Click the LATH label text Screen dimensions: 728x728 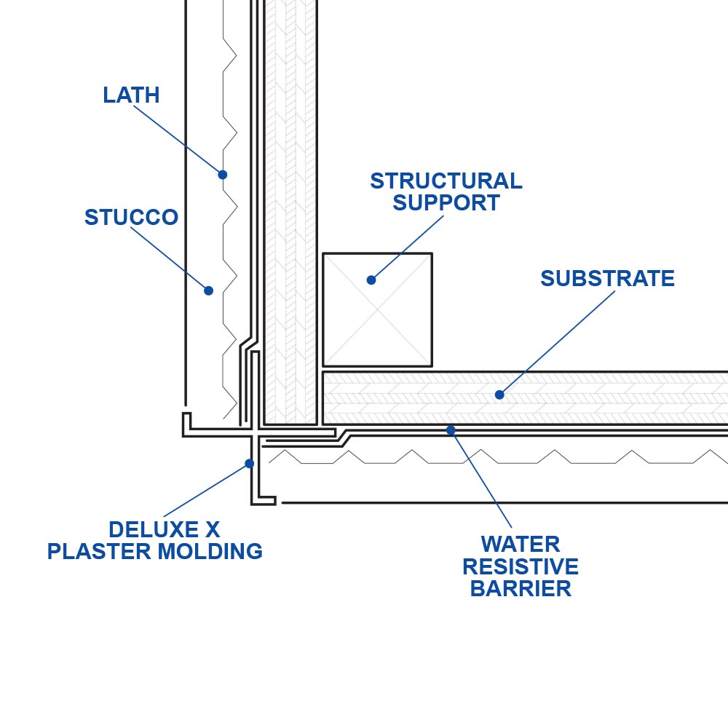[131, 95]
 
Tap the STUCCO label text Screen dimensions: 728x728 [131, 218]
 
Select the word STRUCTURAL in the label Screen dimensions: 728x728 [446, 181]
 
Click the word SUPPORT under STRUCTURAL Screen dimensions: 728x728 [446, 202]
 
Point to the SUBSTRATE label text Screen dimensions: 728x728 [607, 279]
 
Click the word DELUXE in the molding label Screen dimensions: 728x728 [147, 529]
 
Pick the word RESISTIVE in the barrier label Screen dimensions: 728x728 [521, 566]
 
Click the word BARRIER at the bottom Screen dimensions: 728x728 [521, 588]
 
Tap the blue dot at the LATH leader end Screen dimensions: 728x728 [223, 175]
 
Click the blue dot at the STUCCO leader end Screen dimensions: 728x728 [209, 290]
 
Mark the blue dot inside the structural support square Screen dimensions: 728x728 [371, 280]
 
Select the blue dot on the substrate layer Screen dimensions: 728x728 [499, 395]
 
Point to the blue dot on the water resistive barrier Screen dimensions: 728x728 [451, 430]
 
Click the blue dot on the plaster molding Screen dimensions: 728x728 [250, 463]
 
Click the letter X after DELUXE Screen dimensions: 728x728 [212, 529]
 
